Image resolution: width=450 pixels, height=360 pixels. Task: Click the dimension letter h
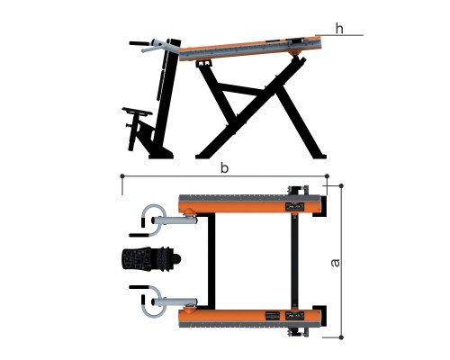click(339, 29)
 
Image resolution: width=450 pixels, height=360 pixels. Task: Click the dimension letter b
click(224, 167)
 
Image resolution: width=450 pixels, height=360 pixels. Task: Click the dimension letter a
click(335, 263)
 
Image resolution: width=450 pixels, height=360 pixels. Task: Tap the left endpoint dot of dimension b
click(122, 175)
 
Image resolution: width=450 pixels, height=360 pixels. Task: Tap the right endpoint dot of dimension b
click(327, 176)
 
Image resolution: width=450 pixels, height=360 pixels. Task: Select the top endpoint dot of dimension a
click(341, 186)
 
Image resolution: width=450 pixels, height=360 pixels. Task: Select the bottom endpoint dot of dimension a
click(341, 337)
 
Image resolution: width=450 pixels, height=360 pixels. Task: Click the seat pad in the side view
click(137, 111)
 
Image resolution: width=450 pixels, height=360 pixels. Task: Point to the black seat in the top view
click(151, 259)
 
